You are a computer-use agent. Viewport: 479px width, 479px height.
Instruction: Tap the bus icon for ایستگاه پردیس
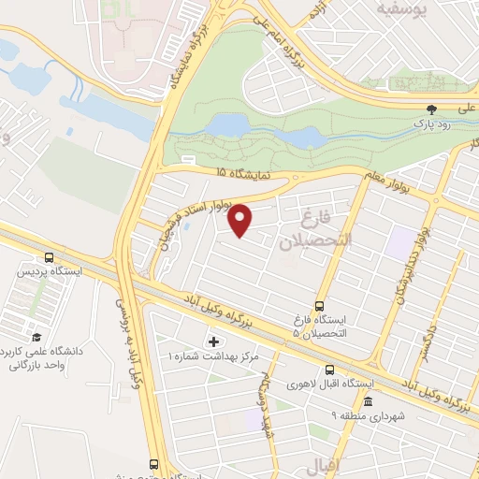coord(48,257)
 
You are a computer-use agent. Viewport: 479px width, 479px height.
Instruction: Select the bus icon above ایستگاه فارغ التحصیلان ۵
coord(320,306)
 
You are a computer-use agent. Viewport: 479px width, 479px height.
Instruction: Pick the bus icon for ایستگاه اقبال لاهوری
coord(327,369)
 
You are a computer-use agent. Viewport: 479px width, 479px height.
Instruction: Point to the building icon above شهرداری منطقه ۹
coord(367,402)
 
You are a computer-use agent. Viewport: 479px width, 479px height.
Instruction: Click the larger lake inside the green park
coord(229,124)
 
